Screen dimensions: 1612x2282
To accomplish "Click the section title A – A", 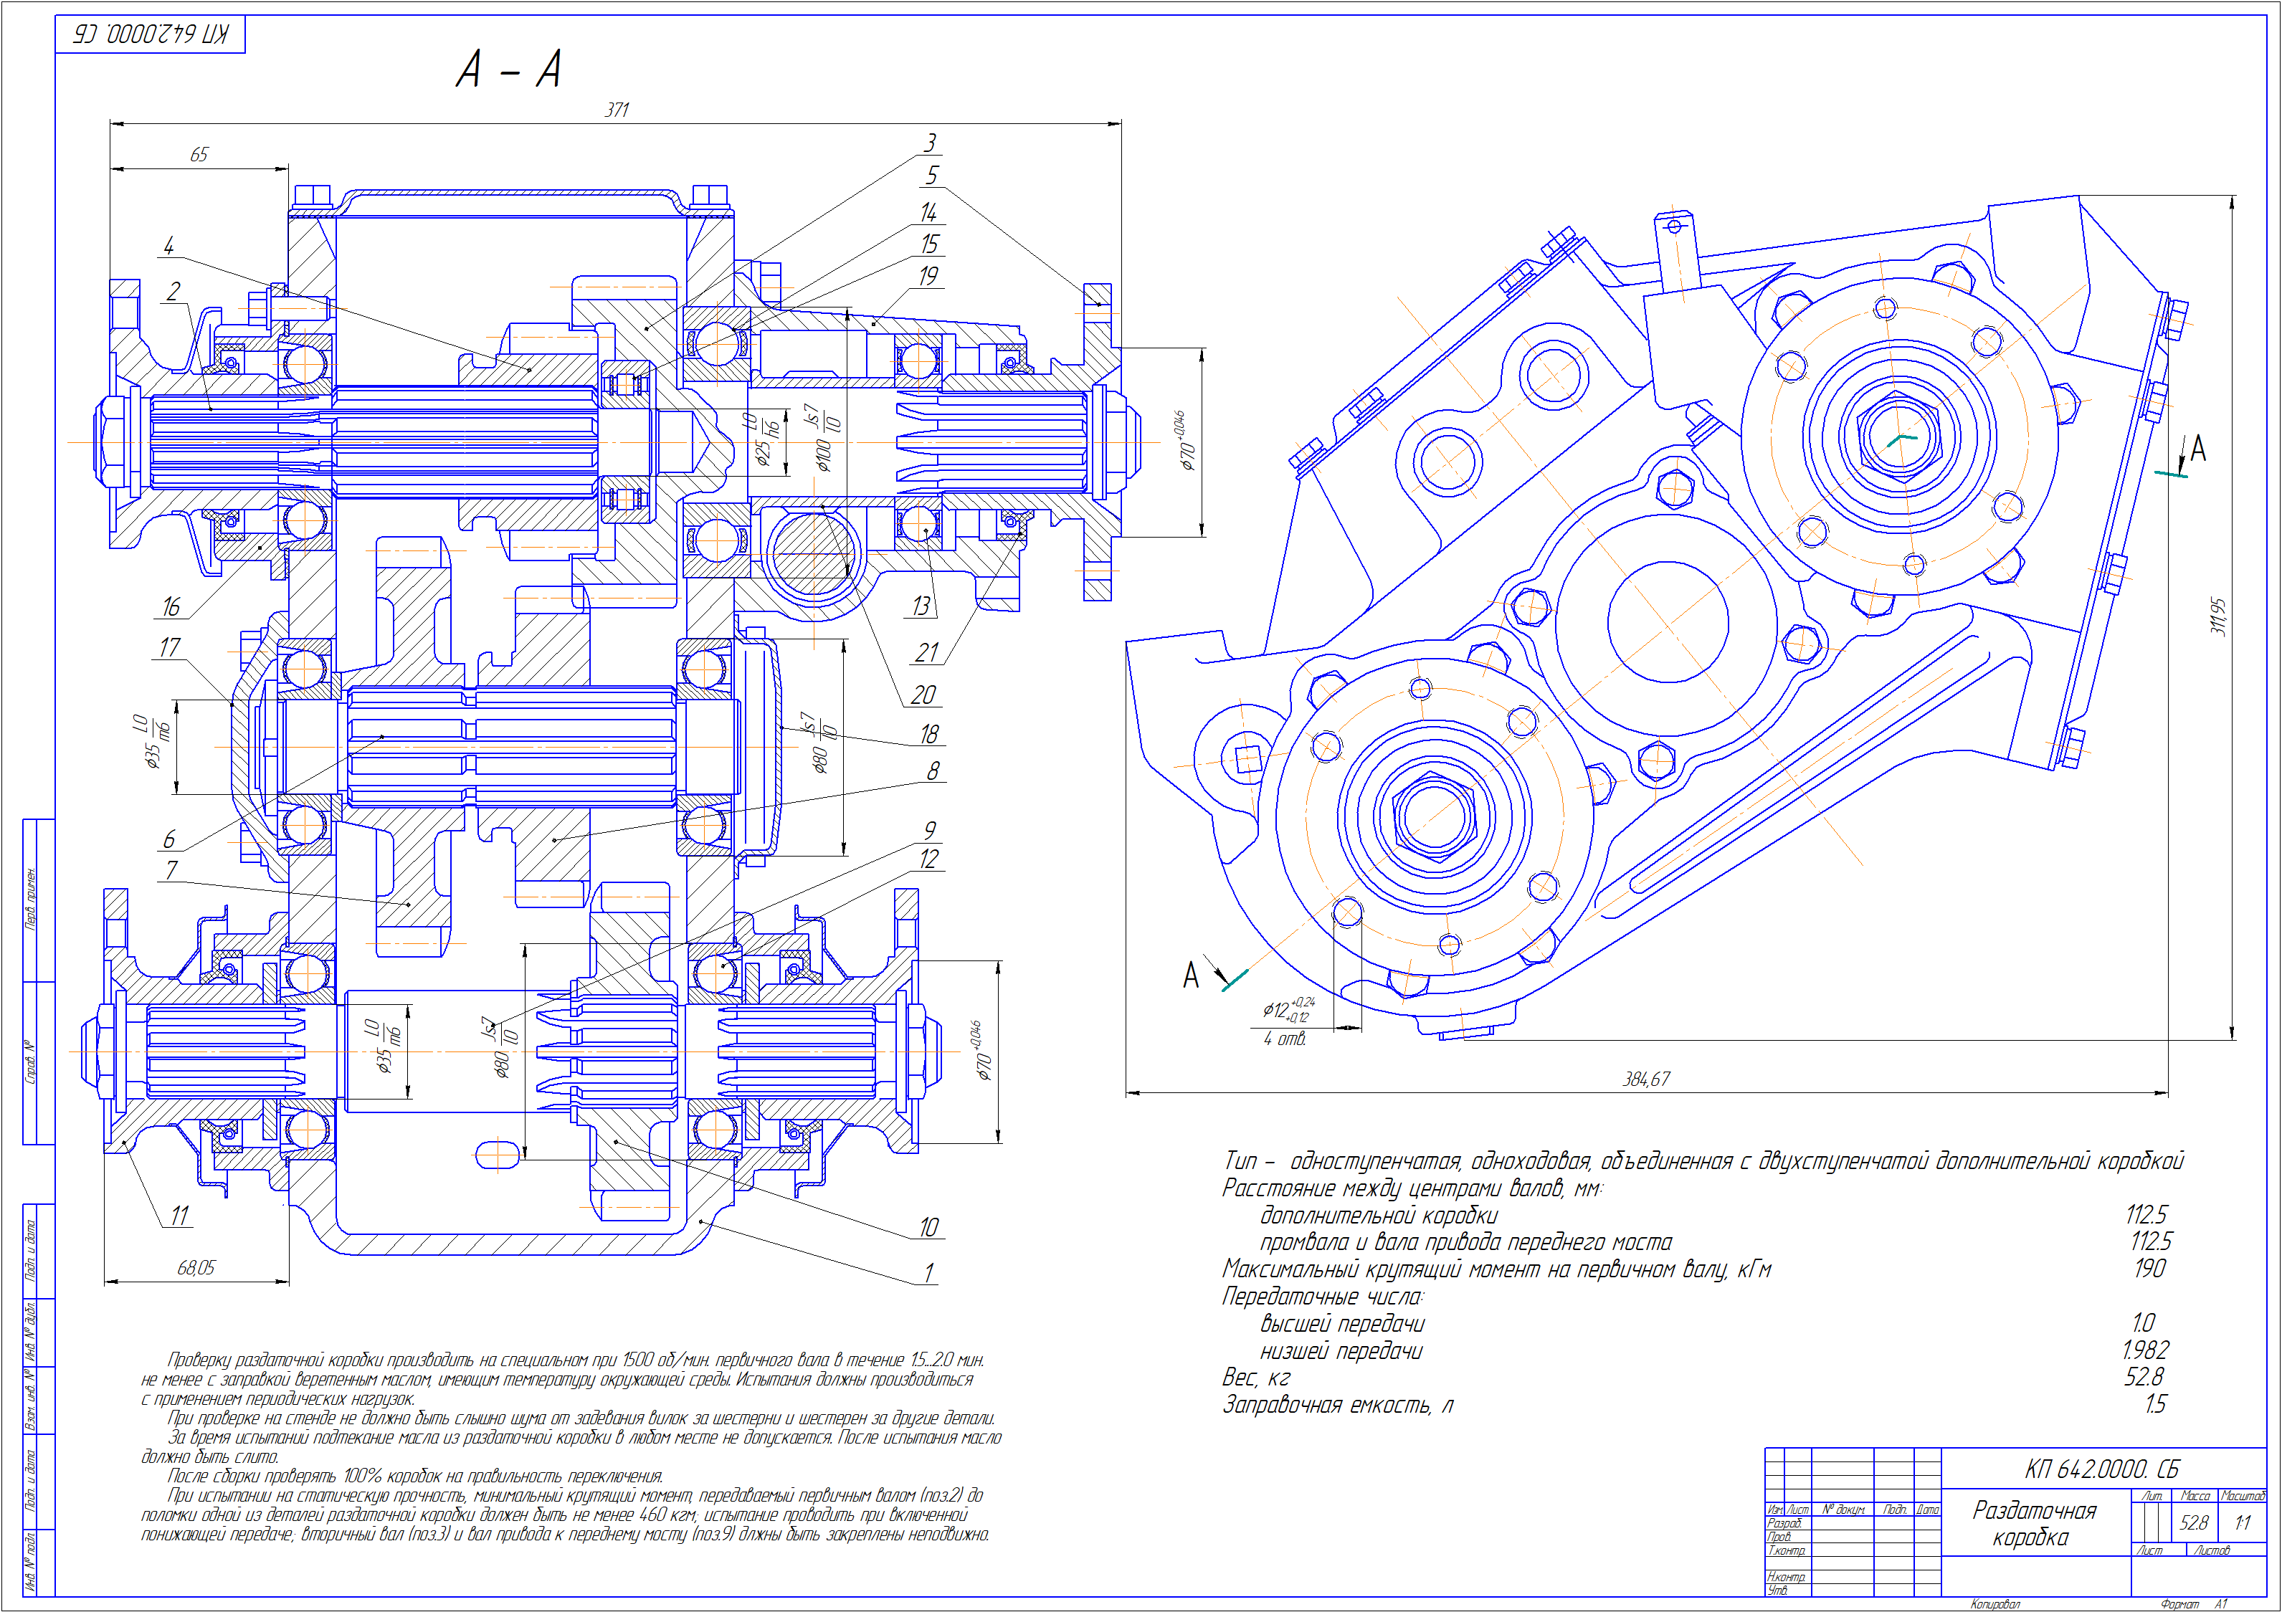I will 509,70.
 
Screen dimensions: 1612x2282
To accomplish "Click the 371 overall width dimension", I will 617,110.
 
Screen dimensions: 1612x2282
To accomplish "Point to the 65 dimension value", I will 199,155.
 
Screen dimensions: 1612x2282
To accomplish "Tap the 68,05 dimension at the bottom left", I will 196,1267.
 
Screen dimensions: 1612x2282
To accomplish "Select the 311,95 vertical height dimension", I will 2217,616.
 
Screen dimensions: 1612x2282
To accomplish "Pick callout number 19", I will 928,276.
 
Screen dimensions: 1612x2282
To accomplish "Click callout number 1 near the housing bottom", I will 929,1272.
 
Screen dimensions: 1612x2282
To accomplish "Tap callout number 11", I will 179,1216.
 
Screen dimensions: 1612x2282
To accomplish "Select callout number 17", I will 170,648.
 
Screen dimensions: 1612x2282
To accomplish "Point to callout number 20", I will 923,695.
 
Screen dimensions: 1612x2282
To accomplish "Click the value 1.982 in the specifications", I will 2145,1350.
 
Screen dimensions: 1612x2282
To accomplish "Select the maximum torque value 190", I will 2149,1268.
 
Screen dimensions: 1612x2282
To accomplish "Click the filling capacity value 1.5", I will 2154,1403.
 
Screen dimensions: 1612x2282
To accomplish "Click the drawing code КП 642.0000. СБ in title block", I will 2101,1469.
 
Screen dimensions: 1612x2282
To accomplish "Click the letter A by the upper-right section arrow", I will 2197,449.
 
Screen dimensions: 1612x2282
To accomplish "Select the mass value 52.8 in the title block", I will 2194,1522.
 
